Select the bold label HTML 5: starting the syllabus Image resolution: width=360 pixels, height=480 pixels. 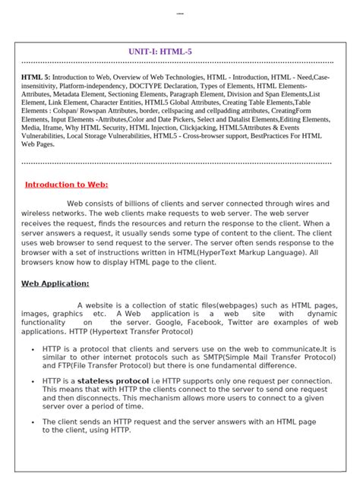[x=36, y=77]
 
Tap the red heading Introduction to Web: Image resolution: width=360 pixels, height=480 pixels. [x=66, y=185]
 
